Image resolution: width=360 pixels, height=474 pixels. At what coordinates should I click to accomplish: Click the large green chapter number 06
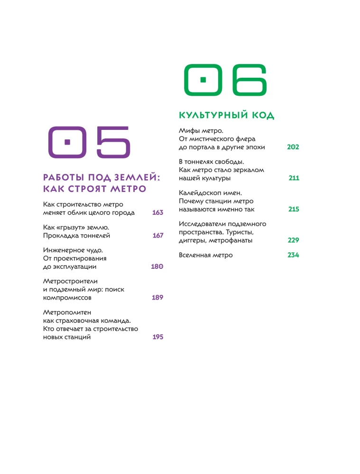[225, 80]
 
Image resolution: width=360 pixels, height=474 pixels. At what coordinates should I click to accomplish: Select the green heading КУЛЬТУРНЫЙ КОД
[227, 116]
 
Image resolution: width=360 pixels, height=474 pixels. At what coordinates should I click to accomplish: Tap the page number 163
[157, 213]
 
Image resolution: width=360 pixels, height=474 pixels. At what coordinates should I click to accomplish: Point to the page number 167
[158, 235]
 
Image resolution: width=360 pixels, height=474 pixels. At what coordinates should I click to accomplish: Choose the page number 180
[157, 267]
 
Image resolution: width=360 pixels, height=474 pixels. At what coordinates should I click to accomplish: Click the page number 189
[157, 298]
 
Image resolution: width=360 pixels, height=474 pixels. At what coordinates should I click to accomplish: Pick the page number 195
[158, 337]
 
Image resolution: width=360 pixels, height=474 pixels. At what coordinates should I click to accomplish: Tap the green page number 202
[293, 147]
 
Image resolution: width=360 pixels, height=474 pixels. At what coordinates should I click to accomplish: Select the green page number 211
[294, 178]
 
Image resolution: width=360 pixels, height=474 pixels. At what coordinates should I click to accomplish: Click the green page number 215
[294, 209]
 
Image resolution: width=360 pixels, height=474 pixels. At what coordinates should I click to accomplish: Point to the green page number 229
[293, 240]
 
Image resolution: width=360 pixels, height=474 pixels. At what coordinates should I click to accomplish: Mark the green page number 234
[293, 255]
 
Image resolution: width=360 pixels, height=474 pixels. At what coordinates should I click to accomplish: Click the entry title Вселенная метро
[206, 255]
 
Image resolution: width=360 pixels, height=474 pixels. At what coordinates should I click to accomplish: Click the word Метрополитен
[66, 312]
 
